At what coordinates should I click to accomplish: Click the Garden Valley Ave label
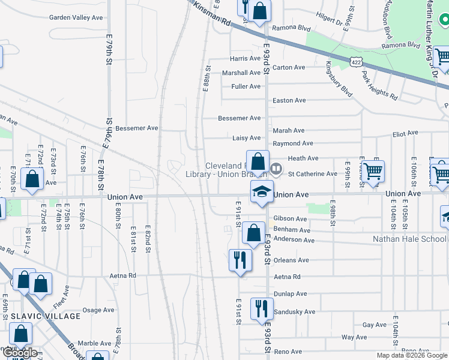(77, 17)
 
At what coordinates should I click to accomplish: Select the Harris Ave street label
(246, 59)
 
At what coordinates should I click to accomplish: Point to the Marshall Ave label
(241, 73)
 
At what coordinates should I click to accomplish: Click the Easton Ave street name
(289, 100)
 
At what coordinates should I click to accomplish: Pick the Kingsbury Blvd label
(339, 79)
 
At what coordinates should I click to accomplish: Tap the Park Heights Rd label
(379, 85)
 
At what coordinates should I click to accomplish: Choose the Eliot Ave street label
(405, 134)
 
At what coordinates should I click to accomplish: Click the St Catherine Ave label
(313, 174)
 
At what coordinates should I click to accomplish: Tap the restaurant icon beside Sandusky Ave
(261, 308)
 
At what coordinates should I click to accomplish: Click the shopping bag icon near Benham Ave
(254, 232)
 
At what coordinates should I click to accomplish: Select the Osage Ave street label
(98, 310)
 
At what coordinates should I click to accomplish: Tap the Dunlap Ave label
(291, 294)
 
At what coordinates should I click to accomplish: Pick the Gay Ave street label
(375, 325)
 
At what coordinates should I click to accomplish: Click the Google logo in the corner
(20, 353)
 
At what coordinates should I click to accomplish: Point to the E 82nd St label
(147, 239)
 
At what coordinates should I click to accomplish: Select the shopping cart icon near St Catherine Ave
(373, 171)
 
